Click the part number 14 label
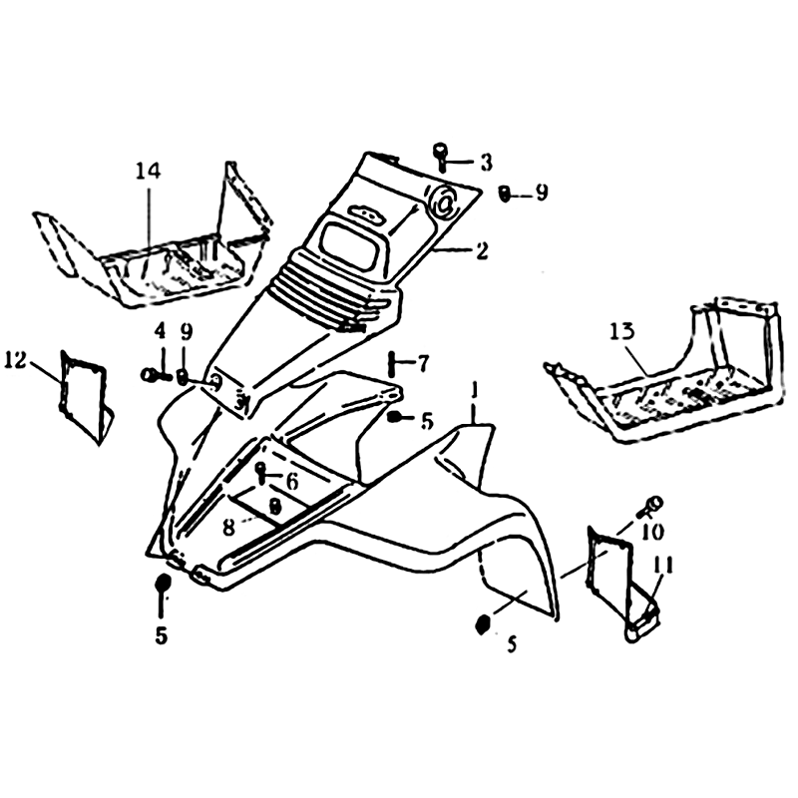coord(148,172)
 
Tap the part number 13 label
coord(622,332)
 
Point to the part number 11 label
coord(661,565)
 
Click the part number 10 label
coord(653,533)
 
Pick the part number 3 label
coord(486,163)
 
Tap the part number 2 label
coord(481,250)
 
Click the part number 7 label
coord(423,363)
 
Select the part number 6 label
coord(291,482)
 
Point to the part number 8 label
coord(229,528)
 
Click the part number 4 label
coord(160,332)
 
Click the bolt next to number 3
coord(441,158)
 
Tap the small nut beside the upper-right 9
coord(505,194)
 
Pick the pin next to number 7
coord(392,363)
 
